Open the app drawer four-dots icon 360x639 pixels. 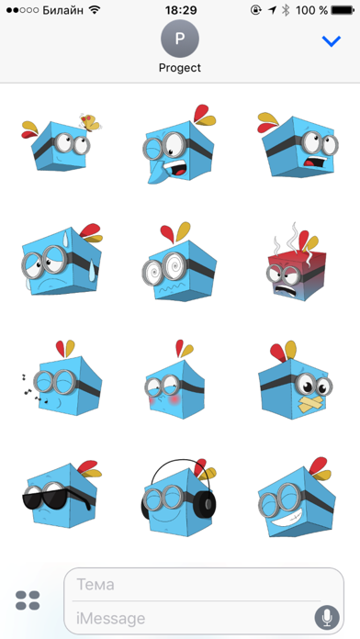pyautogui.click(x=28, y=600)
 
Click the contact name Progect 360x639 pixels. pyautogui.click(x=180, y=67)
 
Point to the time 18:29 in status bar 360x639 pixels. pyautogui.click(x=180, y=9)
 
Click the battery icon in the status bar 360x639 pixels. pyautogui.click(x=342, y=9)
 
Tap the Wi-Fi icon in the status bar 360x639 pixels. pyautogui.click(x=95, y=9)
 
